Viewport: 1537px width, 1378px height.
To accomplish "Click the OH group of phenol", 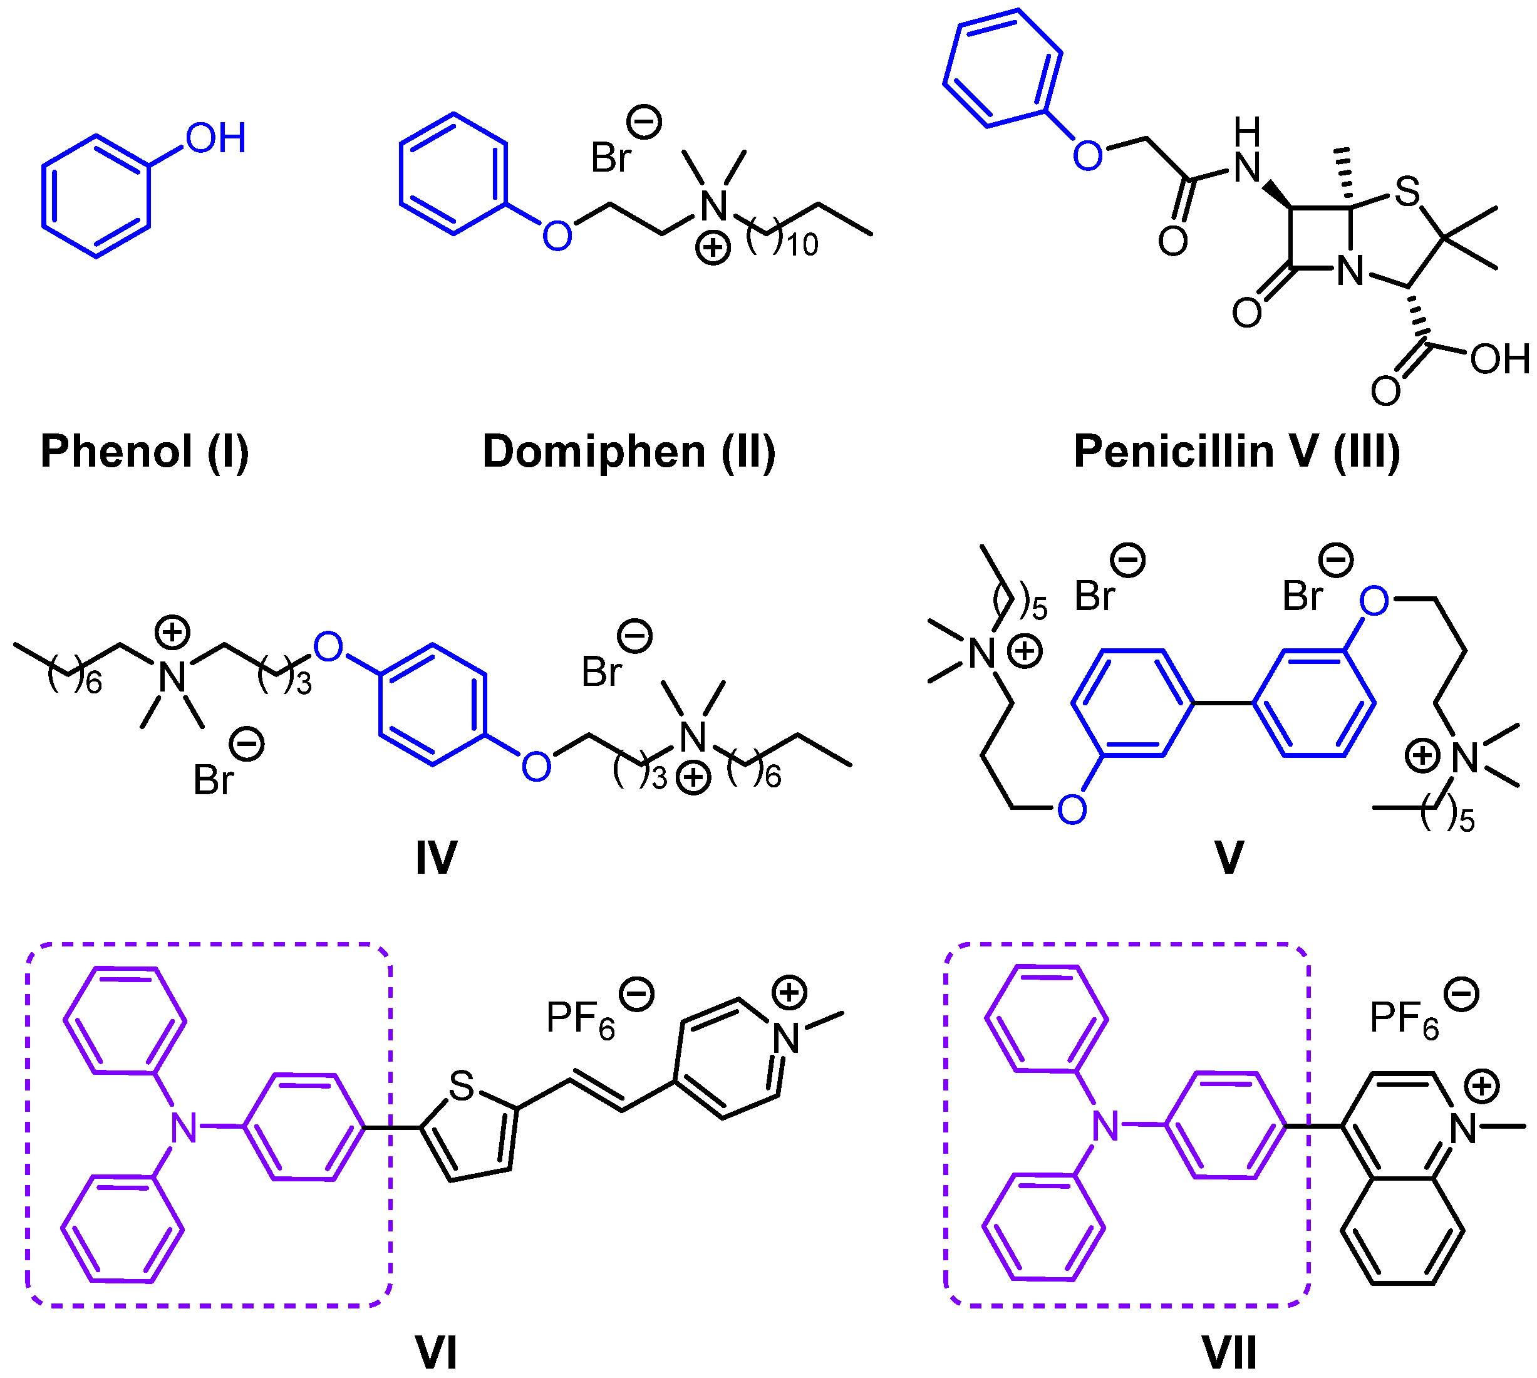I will [x=216, y=138].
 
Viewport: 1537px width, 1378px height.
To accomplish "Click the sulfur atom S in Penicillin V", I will [x=1406, y=192].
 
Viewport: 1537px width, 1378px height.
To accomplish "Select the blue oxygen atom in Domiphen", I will [x=557, y=236].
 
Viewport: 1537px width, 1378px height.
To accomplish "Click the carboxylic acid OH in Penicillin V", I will [x=1500, y=359].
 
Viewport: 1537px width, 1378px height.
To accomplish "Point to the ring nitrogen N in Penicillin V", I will [x=1350, y=271].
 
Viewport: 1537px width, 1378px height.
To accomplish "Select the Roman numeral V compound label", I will [x=1228, y=858].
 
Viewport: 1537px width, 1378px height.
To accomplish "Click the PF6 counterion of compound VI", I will [x=580, y=1018].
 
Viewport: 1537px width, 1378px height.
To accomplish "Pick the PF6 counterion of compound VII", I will [x=1404, y=1018].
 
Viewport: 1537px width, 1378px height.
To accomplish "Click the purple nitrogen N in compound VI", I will [x=184, y=1127].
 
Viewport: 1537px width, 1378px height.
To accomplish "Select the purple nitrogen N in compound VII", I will [x=1105, y=1126].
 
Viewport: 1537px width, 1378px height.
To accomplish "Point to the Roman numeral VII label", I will [x=1229, y=1352].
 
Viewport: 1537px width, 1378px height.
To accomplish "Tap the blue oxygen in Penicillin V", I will [x=1087, y=156].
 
